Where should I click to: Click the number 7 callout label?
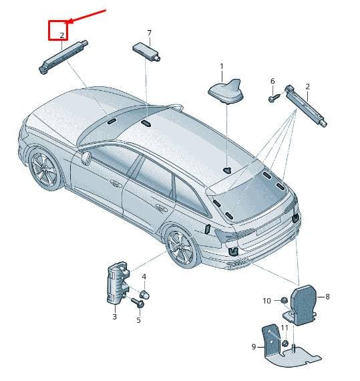pyautogui.click(x=149, y=33)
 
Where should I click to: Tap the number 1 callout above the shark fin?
pyautogui.click(x=221, y=66)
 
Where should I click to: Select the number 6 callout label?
pyautogui.click(x=273, y=81)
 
